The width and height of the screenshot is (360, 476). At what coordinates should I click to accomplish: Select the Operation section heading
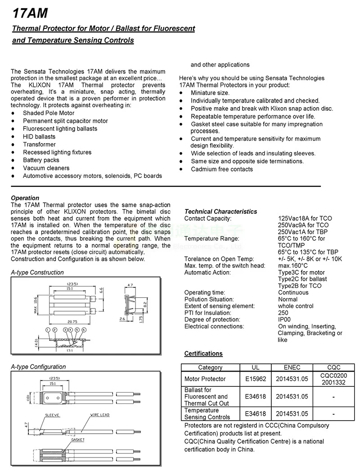coord(25,198)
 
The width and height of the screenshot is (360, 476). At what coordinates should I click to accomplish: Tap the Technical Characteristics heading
coord(220,212)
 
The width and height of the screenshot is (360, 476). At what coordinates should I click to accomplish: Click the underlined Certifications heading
coord(203,354)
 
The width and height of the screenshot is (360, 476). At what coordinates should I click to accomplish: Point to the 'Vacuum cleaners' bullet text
coord(46,168)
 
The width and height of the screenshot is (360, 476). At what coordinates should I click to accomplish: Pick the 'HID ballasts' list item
coord(39,136)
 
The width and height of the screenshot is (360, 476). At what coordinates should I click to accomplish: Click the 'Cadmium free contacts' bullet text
coord(222,169)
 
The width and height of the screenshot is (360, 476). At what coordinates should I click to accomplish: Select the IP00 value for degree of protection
coord(284,320)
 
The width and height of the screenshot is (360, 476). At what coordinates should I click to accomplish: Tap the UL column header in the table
coord(256,367)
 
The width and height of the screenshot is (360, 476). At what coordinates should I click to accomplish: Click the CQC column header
coord(333,367)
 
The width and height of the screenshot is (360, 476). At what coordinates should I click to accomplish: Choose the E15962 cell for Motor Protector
coord(256,379)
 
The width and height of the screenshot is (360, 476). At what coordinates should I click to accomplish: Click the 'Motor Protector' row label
coord(205,379)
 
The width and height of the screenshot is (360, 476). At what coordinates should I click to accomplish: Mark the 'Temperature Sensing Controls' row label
coord(207,414)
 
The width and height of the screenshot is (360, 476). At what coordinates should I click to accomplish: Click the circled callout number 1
coord(47,330)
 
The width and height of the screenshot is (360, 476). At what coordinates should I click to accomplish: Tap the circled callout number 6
coord(84,330)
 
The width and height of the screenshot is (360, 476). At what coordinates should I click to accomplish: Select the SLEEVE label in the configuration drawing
coord(52,415)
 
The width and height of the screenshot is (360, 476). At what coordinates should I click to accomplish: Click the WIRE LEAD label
coord(100,415)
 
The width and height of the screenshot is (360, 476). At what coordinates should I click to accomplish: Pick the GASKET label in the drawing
coord(77,440)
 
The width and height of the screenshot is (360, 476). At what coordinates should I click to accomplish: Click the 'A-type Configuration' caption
coord(38,367)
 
